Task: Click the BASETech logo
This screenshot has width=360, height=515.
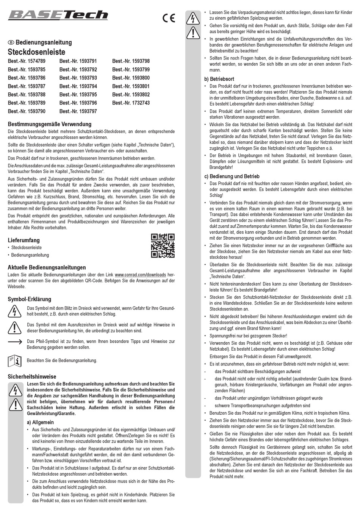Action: pos(58,15)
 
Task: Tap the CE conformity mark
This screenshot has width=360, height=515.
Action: pos(169,18)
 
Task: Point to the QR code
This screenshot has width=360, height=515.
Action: pos(163,245)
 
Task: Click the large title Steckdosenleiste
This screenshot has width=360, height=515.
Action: pos(36,52)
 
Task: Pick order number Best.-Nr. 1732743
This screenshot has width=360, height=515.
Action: pos(131,103)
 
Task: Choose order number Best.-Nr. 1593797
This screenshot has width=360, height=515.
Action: pos(78,111)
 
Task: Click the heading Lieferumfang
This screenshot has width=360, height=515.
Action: pos(23,240)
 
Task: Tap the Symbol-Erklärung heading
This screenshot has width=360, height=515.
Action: pos(29,299)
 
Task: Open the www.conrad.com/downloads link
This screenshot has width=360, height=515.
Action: pos(140,275)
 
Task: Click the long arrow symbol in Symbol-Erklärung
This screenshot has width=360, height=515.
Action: pos(14,342)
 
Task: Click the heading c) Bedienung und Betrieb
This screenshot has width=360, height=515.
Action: pos(232,176)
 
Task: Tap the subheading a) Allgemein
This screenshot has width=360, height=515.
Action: pos(40,422)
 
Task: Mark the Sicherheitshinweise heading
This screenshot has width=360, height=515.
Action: pos(32,377)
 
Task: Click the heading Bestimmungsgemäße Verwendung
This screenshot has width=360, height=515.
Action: pos(49,124)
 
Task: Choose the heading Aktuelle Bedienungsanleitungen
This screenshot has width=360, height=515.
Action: pos(47,267)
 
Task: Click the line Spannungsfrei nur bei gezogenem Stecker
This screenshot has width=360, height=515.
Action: pos(248,336)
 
